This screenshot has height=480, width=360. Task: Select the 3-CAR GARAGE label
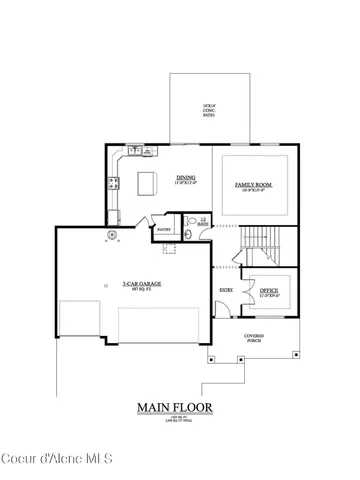(142, 285)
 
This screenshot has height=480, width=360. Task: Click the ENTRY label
(227, 290)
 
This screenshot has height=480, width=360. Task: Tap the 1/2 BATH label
(202, 221)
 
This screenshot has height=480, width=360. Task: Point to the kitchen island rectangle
(149, 183)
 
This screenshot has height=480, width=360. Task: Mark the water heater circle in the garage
(113, 237)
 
